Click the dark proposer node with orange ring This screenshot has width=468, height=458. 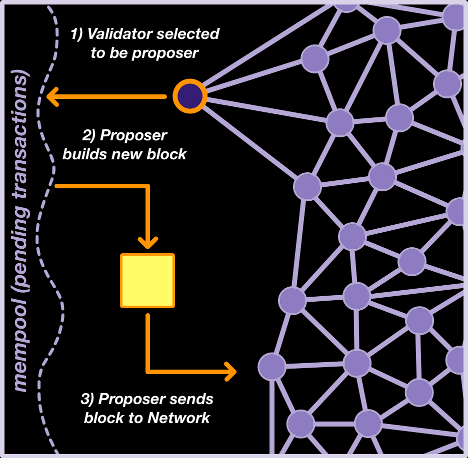click(x=190, y=96)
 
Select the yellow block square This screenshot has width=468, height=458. click(x=147, y=280)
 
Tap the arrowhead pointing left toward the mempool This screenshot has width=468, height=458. click(x=52, y=96)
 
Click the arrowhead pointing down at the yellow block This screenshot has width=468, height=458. click(x=148, y=242)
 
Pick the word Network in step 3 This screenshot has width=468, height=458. click(x=178, y=418)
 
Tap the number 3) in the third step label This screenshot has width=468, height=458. click(x=87, y=399)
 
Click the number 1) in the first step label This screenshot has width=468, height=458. click(x=77, y=34)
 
